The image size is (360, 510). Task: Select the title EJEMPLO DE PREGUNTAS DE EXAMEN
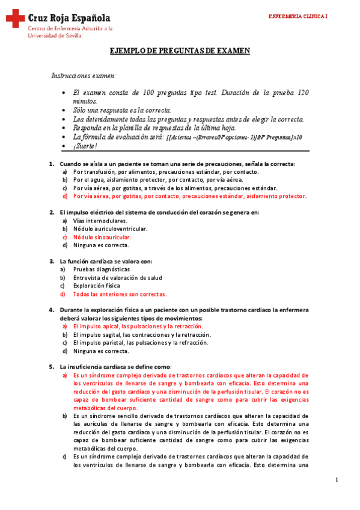coord(180,51)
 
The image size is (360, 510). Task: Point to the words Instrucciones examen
coord(84,76)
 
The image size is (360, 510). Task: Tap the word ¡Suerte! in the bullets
coord(85,146)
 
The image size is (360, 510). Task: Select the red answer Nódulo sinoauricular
coord(102,237)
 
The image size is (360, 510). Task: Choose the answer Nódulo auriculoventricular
coord(110,229)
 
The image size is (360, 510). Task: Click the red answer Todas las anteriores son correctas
coord(120,294)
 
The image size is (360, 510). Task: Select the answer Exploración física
coord(97,286)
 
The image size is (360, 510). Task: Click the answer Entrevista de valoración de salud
coord(117,278)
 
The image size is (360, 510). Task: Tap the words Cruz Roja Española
coord(69,18)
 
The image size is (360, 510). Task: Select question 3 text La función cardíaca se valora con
coord(106,261)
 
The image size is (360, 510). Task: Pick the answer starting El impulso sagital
coord(142,334)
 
